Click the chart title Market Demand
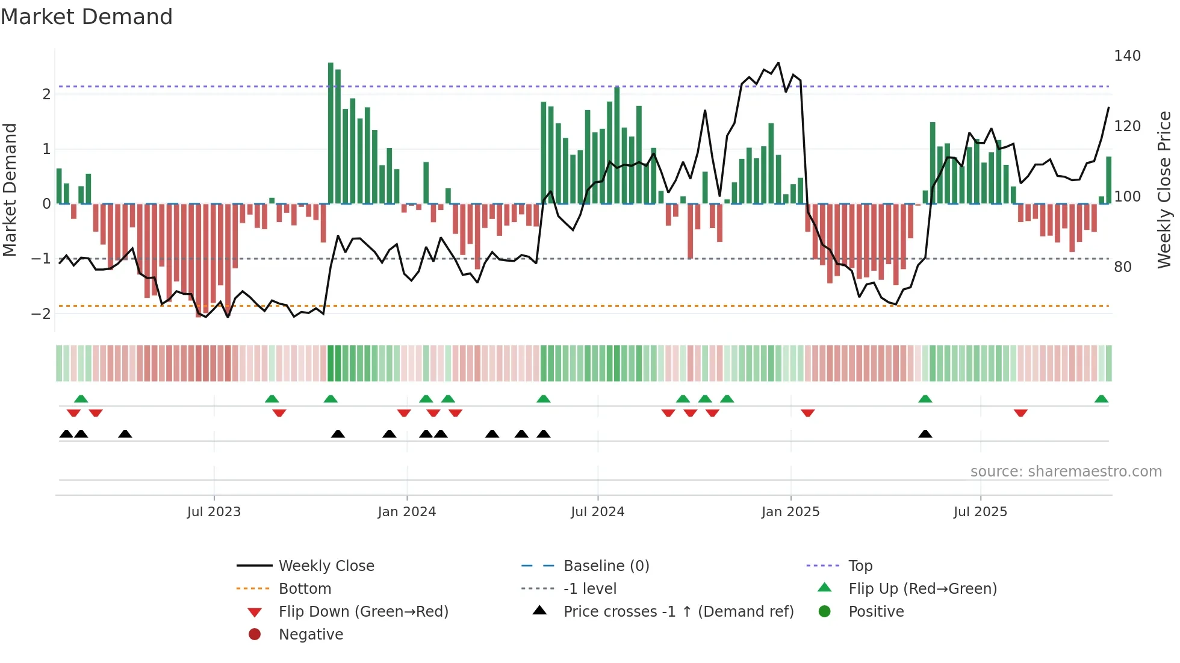(87, 17)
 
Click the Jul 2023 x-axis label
(214, 512)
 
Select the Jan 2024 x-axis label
(406, 512)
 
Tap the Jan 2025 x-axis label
(790, 512)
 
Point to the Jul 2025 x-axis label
(980, 512)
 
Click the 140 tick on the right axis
(1127, 56)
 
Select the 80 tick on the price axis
(1122, 267)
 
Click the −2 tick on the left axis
(41, 314)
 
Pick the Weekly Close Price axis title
(1164, 190)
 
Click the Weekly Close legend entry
(326, 566)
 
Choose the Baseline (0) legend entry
(606, 566)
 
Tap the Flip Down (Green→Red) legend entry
(363, 612)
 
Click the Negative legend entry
(311, 635)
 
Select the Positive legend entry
(876, 612)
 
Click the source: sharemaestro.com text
(1066, 472)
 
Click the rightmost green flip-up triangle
(1101, 399)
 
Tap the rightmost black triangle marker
(925, 434)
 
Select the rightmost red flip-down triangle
(1020, 413)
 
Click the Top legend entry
(860, 566)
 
